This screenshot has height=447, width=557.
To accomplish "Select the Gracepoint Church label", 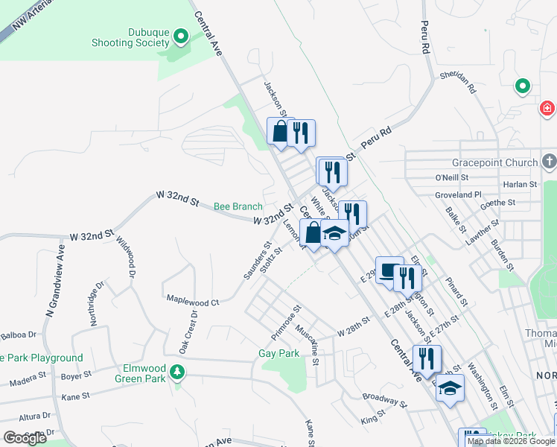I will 494,162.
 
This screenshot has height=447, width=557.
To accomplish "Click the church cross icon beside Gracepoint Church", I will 549,161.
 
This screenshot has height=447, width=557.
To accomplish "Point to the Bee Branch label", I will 238,206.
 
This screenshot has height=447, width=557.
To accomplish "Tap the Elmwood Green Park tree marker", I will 177,371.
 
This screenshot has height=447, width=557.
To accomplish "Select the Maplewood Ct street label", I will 192,302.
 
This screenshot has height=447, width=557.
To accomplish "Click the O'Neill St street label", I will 451,178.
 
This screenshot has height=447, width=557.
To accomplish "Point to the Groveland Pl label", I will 457,194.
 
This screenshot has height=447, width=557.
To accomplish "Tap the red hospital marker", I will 548,110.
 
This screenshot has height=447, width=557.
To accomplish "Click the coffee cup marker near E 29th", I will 389,270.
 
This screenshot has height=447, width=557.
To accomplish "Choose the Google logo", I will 25,438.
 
